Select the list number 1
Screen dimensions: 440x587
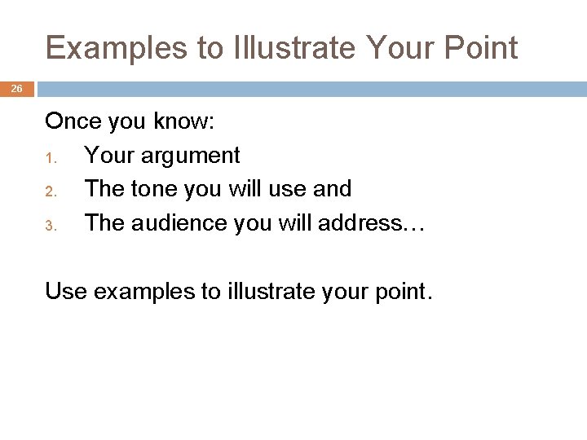[49, 156]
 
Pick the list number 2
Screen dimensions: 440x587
[49, 190]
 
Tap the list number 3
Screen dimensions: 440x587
[49, 223]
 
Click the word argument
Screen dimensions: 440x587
[191, 155]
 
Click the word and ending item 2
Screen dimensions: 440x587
[332, 188]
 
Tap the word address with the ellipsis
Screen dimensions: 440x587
[376, 222]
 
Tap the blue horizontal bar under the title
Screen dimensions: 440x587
[310, 89]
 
